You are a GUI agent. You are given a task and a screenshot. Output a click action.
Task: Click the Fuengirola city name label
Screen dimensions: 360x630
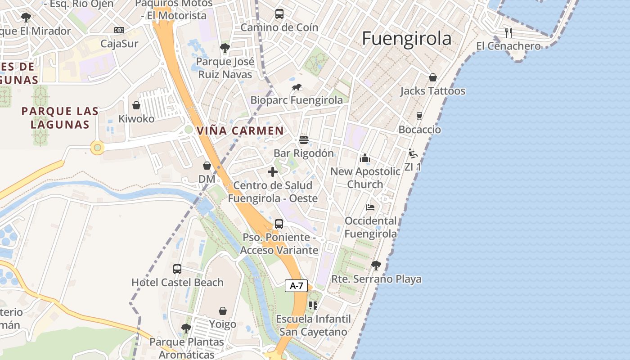(x=406, y=39)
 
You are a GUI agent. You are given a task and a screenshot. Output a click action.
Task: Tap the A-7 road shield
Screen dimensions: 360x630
(x=296, y=285)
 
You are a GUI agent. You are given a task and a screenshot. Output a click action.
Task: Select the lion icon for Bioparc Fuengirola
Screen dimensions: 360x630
(x=296, y=87)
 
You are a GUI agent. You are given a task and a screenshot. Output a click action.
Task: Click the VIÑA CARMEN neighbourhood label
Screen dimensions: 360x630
(x=240, y=131)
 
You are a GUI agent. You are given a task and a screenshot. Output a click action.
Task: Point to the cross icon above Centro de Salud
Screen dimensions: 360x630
(x=273, y=172)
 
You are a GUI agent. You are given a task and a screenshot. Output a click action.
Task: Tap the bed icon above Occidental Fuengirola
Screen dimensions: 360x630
(x=370, y=207)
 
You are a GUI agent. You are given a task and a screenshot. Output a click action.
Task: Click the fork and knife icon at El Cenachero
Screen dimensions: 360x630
(x=508, y=32)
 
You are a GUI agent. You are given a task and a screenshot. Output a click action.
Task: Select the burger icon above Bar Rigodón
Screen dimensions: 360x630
(x=304, y=140)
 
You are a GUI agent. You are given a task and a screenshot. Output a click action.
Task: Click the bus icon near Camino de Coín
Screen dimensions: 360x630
(x=279, y=14)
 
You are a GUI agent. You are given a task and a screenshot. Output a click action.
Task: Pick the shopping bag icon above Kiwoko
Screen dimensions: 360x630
(x=136, y=105)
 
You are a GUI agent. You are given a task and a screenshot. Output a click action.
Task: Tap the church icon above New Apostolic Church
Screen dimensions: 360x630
(x=365, y=158)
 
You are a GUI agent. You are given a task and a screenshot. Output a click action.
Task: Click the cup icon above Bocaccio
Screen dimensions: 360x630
(x=419, y=116)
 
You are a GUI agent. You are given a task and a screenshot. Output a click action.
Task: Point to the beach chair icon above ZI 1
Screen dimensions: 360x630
(x=413, y=153)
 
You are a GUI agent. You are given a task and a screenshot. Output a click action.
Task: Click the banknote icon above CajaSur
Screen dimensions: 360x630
(x=119, y=30)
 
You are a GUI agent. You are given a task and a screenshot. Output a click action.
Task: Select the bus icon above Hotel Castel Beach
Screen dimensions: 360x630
(x=177, y=269)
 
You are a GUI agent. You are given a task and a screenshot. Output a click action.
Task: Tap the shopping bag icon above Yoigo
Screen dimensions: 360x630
(x=223, y=311)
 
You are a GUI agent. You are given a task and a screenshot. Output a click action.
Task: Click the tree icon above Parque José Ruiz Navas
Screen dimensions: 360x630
(x=225, y=48)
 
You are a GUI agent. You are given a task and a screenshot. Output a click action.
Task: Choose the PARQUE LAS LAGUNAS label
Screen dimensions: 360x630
(x=60, y=117)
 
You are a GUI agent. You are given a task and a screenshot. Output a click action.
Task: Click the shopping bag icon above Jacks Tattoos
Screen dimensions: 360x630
(x=432, y=77)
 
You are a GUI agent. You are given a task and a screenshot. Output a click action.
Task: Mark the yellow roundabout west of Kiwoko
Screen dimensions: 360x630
(x=97, y=147)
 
